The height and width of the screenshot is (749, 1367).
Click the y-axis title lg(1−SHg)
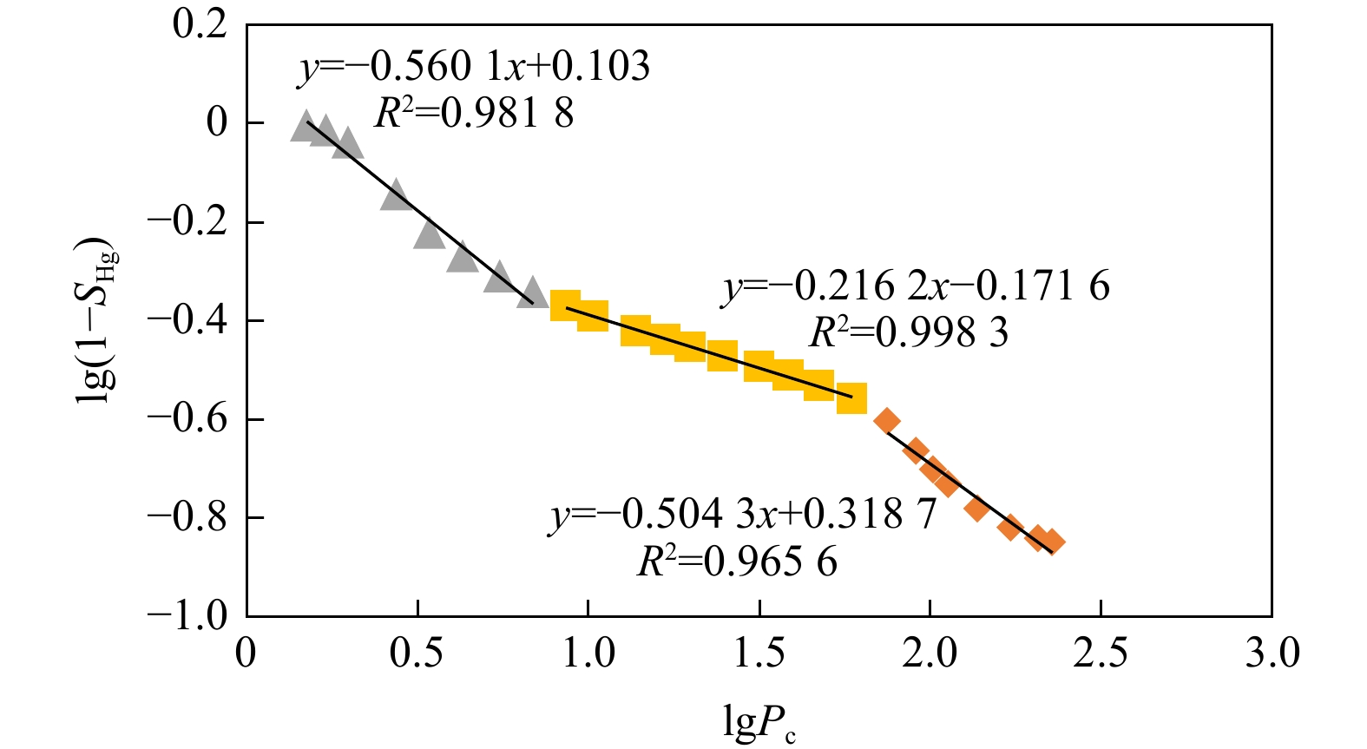pyautogui.click(x=98, y=320)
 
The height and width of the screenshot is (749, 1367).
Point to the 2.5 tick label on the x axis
pyautogui.click(x=1100, y=653)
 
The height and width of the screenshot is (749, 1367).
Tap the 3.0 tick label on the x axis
pyautogui.click(x=1272, y=653)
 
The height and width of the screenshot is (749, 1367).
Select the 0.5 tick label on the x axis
pyautogui.click(x=417, y=653)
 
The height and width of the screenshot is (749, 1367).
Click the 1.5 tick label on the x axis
pyautogui.click(x=759, y=653)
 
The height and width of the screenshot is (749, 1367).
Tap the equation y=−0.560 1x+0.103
pyautogui.click(x=474, y=67)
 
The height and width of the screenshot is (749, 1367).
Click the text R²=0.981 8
pyautogui.click(x=474, y=113)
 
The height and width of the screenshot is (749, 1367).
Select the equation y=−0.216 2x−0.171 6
pyautogui.click(x=917, y=286)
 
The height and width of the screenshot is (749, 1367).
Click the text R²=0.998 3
pyautogui.click(x=908, y=332)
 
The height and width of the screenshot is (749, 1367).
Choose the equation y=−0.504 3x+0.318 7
pyautogui.click(x=743, y=515)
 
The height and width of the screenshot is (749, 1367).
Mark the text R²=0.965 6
pyautogui.click(x=737, y=562)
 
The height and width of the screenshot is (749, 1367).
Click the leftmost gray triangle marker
pyautogui.click(x=305, y=127)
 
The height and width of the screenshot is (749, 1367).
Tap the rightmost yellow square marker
pyautogui.click(x=851, y=398)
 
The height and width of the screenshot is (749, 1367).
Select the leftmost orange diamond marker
pyautogui.click(x=886, y=421)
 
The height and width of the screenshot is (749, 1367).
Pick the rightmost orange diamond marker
pyautogui.click(x=1052, y=542)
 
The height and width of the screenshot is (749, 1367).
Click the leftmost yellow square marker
pyautogui.click(x=565, y=306)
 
